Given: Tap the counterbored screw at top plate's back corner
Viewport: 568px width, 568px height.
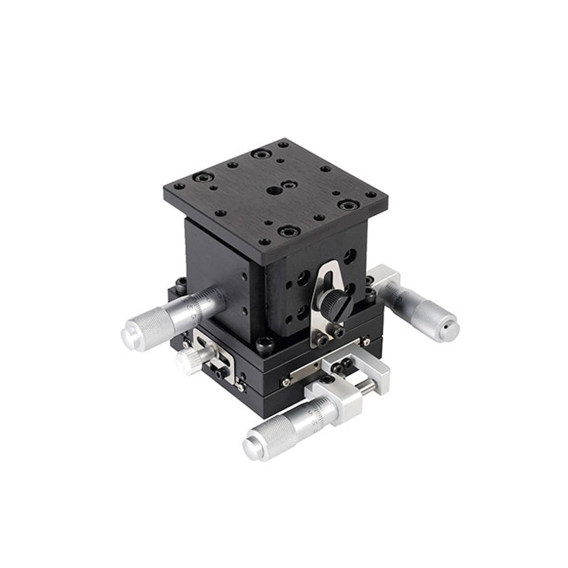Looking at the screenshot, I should click(261, 154).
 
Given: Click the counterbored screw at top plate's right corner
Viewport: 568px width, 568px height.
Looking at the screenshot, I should click(348, 205).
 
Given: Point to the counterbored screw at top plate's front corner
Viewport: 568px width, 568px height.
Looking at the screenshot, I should click(288, 231).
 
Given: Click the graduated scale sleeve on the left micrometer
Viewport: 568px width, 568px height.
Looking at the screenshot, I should click(191, 309).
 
